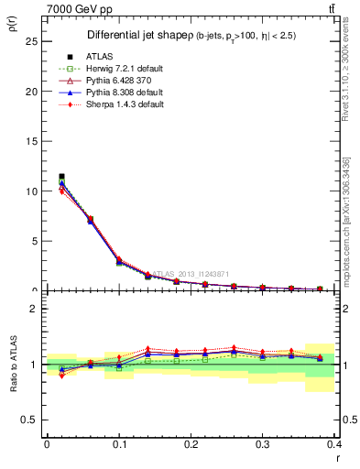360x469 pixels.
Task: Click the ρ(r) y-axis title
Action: click(13, 23)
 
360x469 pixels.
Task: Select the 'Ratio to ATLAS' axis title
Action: click(13, 366)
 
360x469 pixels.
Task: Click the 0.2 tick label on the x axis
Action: click(190, 443)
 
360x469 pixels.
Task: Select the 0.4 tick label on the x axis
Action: click(333, 443)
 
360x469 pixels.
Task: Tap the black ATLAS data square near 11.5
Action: click(61, 176)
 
